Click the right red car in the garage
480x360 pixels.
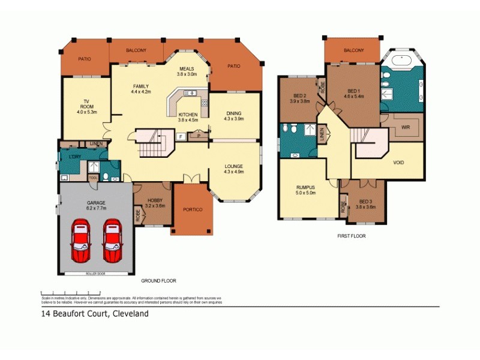[112, 241]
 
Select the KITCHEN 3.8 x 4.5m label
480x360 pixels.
[188, 117]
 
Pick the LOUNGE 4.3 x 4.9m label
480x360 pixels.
[234, 169]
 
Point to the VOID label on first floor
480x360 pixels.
[398, 163]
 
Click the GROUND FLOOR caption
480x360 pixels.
[158, 280]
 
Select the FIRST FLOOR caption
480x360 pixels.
[351, 236]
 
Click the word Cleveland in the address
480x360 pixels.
[128, 313]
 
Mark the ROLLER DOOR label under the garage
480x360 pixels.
[96, 273]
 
